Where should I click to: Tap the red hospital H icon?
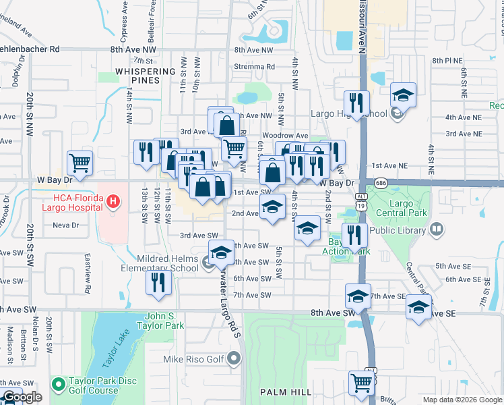(x=113, y=200)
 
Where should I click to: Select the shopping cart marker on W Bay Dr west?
(x=80, y=163)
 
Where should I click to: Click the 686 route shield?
(x=381, y=183)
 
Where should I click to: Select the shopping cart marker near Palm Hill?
(x=362, y=383)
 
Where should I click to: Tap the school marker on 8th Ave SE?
(x=419, y=307)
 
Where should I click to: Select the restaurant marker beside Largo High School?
(x=356, y=103)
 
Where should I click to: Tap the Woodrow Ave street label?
(x=289, y=136)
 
